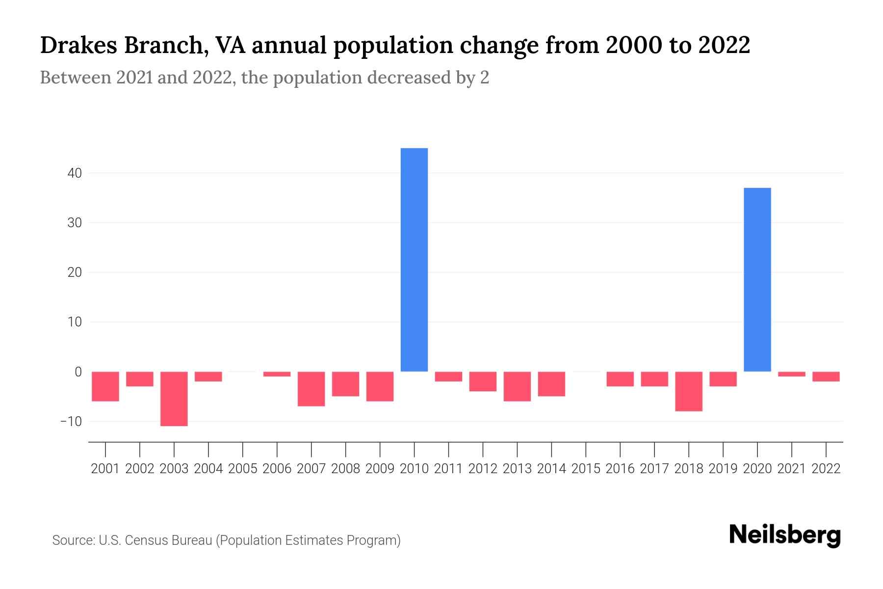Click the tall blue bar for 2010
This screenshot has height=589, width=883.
(414, 260)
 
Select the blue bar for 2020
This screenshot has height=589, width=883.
(757, 280)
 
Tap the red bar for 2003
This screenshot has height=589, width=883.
(174, 399)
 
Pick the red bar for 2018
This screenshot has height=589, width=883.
(689, 391)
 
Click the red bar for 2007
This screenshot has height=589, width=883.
(311, 389)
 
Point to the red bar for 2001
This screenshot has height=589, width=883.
(105, 386)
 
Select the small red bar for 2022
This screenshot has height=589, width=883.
(826, 376)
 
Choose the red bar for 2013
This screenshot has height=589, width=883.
(517, 386)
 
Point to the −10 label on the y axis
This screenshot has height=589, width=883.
(71, 421)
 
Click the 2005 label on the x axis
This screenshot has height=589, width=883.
(243, 469)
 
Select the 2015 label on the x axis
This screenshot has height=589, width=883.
(586, 469)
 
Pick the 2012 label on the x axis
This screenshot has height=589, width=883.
(483, 469)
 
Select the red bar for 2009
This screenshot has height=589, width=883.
(380, 386)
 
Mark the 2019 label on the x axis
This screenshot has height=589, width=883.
(723, 469)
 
